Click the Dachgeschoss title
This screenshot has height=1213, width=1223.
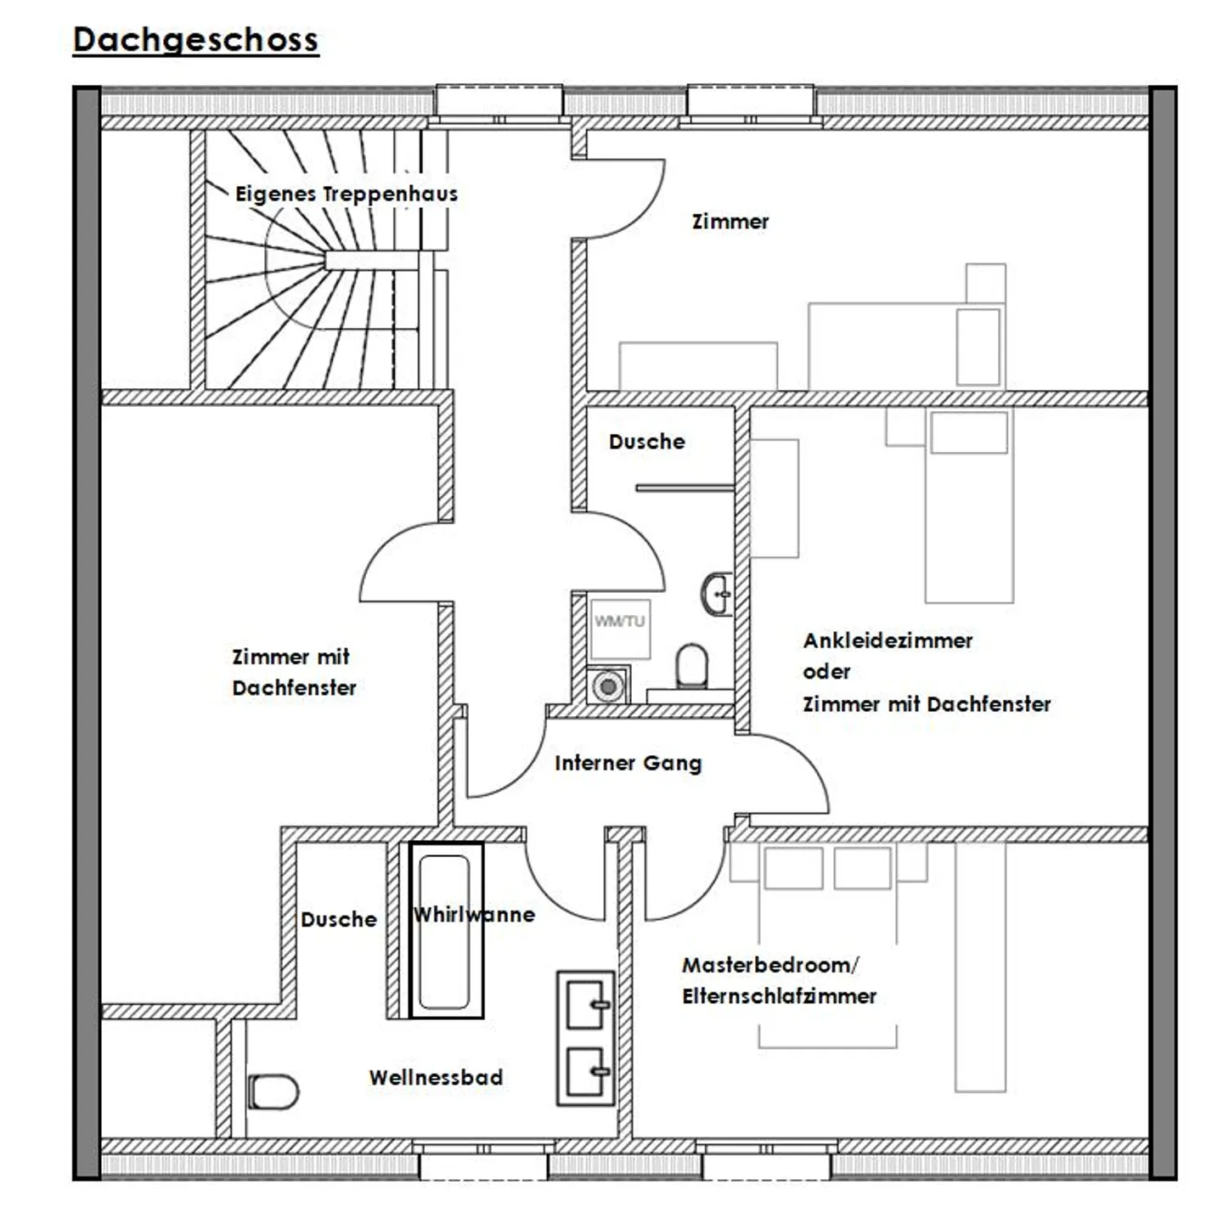click(x=196, y=40)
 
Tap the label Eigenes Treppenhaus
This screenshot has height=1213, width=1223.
click(x=347, y=194)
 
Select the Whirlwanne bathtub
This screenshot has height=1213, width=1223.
click(x=447, y=930)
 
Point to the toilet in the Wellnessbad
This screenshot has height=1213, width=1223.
click(x=273, y=1092)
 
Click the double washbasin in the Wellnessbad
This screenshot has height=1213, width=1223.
click(x=586, y=1038)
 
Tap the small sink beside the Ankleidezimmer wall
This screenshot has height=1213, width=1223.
click(x=718, y=593)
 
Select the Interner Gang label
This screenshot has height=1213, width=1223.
click(x=628, y=763)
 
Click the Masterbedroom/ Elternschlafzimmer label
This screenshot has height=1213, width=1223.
click(x=778, y=980)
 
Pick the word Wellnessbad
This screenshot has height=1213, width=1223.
click(x=436, y=1077)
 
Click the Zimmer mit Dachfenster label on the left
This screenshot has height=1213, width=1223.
click(x=294, y=672)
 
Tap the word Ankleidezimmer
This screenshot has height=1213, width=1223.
click(x=888, y=640)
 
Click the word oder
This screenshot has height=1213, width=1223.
click(x=826, y=672)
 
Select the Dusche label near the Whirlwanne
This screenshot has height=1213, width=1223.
click(x=339, y=919)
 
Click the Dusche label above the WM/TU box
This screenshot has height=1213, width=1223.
click(x=646, y=442)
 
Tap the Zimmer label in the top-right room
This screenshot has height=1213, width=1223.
click(x=730, y=222)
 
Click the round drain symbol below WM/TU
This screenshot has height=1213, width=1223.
click(x=608, y=685)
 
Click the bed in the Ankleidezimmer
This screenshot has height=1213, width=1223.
click(x=968, y=505)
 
